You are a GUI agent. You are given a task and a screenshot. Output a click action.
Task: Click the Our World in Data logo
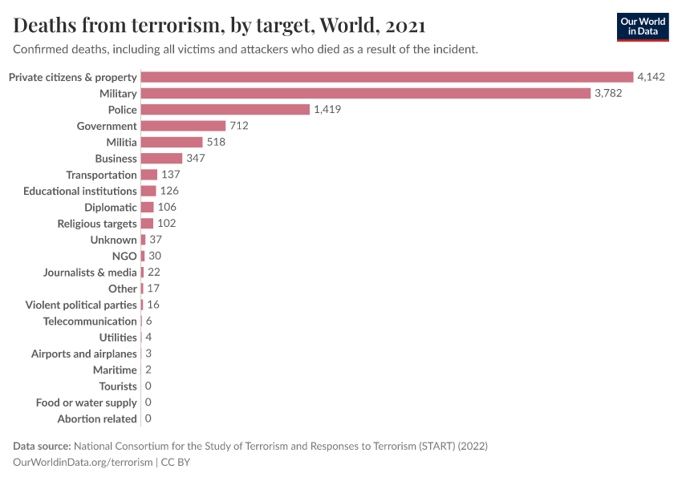click(x=642, y=26)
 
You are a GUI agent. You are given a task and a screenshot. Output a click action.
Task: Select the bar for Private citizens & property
click(x=387, y=77)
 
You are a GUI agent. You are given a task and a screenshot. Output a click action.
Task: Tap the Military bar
click(x=365, y=93)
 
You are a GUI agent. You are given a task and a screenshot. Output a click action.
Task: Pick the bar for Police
click(x=225, y=110)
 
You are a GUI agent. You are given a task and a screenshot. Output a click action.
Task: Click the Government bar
click(x=183, y=126)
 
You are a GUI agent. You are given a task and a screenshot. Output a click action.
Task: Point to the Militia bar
click(x=171, y=142)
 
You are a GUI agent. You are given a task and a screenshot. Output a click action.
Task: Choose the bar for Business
click(x=161, y=159)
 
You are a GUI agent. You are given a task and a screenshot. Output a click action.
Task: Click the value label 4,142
click(x=651, y=77)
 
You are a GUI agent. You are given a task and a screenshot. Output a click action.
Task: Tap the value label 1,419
click(x=327, y=110)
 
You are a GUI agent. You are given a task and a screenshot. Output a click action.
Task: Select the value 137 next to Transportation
click(x=170, y=175)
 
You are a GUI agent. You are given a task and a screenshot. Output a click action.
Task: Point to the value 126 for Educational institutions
click(x=168, y=191)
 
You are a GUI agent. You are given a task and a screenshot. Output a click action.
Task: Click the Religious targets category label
click(x=97, y=224)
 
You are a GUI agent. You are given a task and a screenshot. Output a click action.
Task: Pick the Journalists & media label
click(x=90, y=273)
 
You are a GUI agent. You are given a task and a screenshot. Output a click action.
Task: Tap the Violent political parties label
click(x=81, y=305)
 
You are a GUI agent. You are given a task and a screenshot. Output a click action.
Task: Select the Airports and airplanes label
click(x=84, y=354)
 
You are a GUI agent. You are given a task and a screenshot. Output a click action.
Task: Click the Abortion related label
click(x=97, y=418)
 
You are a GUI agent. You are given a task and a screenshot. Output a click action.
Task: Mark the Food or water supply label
click(x=87, y=402)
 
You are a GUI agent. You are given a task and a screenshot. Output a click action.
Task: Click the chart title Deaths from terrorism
click(x=219, y=26)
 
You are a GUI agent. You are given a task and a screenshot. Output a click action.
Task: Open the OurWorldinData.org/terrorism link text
click(x=83, y=462)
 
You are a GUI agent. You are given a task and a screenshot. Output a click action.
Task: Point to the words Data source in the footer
click(x=42, y=446)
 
